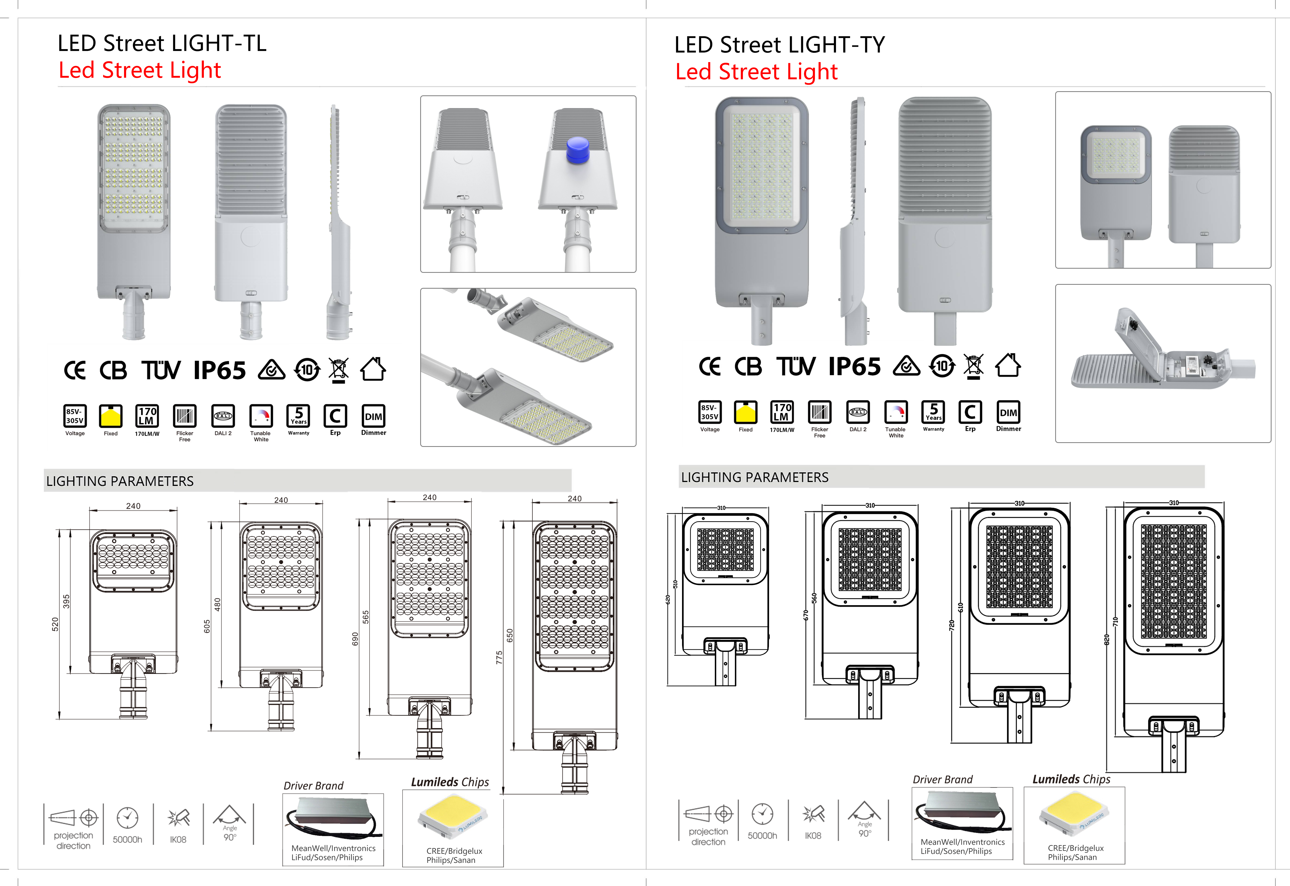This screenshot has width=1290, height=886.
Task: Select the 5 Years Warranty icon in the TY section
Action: pos(933,412)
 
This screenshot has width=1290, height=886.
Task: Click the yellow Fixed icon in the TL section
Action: pos(111,416)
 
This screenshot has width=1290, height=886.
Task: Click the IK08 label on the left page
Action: pos(178,839)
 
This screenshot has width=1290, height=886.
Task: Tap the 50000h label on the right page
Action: pos(762,836)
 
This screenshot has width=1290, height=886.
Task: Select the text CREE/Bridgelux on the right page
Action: pos(1075,848)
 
